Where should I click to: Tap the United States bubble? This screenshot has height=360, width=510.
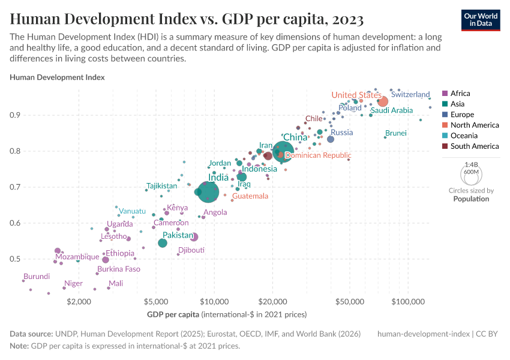point(383,101)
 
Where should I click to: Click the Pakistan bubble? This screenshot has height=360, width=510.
point(163,243)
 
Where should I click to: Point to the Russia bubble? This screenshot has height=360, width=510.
point(331,139)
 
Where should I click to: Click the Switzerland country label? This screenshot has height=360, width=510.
point(410,95)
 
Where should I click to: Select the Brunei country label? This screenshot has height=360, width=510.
point(396,133)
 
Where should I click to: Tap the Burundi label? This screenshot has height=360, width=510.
point(36,277)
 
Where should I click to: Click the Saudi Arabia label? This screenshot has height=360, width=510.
point(392,110)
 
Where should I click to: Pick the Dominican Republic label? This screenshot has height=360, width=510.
point(317,155)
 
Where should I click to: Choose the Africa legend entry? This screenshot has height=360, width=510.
point(460,94)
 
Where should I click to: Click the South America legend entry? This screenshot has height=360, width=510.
point(475,146)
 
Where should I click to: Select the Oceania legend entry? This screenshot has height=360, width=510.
point(463,136)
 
